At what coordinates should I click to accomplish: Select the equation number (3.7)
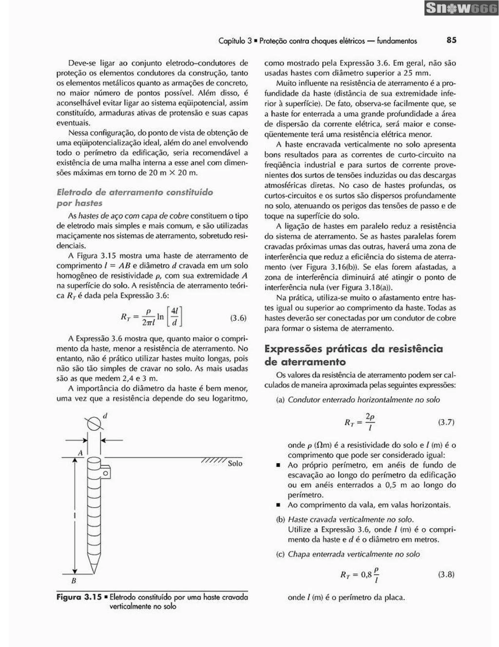446,422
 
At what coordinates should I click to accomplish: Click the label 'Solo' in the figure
235,463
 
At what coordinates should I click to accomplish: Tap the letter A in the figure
80,453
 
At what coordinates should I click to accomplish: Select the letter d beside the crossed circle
105,416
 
